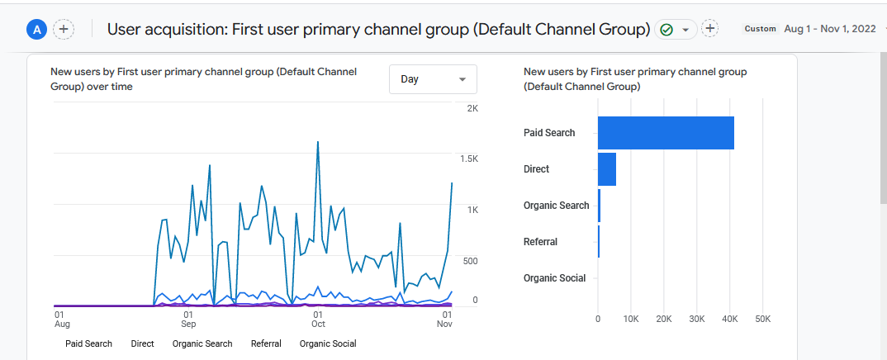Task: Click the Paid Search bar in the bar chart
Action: tap(666, 133)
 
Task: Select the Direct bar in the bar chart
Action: tap(607, 169)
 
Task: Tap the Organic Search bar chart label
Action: tap(556, 206)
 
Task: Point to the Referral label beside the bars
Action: tap(540, 242)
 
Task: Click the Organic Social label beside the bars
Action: tap(554, 278)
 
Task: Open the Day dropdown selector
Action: tap(433, 79)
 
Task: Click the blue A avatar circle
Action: tap(36, 30)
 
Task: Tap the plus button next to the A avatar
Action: tap(64, 30)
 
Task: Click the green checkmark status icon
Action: tap(666, 30)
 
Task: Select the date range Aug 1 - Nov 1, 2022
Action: tap(829, 29)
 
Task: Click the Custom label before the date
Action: tap(760, 29)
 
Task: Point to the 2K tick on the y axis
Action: tap(472, 109)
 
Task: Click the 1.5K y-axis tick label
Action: tap(470, 159)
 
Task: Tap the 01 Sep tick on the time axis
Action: tap(188, 320)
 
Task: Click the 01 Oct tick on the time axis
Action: tap(317, 320)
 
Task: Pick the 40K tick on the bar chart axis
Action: tap(730, 319)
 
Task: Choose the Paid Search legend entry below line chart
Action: tap(88, 343)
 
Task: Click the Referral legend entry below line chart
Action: tap(266, 343)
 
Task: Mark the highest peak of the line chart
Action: tap(318, 142)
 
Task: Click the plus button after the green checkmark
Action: tap(709, 29)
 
